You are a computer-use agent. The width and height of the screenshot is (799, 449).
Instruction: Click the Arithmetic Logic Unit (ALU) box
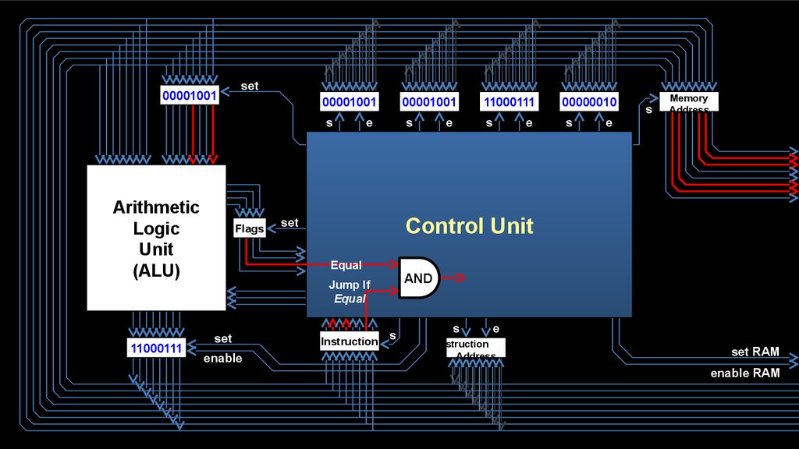(156, 238)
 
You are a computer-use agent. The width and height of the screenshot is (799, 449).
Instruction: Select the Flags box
(250, 228)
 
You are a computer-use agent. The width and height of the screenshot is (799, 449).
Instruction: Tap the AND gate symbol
(419, 278)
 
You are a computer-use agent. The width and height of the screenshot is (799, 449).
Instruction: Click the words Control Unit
(469, 226)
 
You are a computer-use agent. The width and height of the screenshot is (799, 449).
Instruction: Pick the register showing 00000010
(589, 102)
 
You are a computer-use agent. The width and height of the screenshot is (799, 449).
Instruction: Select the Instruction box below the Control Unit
(350, 341)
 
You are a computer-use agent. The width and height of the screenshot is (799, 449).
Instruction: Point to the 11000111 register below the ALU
(157, 348)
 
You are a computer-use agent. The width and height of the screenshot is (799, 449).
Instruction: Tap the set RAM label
(755, 352)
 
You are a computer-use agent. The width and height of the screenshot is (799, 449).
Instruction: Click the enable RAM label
(744, 373)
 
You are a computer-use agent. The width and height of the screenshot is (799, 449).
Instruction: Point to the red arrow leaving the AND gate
(454, 278)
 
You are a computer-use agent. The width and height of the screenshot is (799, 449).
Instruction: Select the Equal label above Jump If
(346, 265)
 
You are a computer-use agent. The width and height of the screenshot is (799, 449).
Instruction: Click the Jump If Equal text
(349, 292)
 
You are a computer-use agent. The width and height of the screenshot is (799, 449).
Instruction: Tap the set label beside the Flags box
(289, 223)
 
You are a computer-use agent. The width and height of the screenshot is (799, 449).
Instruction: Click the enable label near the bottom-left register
(222, 359)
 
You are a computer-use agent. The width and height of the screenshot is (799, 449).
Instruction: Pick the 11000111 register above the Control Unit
(510, 102)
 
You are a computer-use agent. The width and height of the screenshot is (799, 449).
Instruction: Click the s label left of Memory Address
(648, 110)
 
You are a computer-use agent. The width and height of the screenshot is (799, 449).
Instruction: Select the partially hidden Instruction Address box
(475, 348)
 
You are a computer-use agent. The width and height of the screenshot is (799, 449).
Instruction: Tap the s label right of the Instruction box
(392, 336)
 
